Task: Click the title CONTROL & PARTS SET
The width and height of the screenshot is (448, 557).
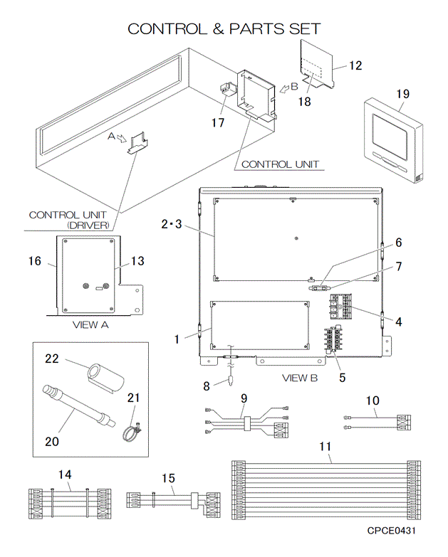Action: [224, 29]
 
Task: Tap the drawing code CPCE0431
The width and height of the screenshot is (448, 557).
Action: [392, 531]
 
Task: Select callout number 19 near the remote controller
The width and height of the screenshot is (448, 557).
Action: [402, 94]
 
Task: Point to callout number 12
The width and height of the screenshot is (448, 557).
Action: [355, 65]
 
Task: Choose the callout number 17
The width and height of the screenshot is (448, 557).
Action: [217, 122]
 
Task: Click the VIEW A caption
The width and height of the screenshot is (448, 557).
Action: [90, 324]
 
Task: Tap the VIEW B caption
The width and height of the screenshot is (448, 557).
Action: [299, 377]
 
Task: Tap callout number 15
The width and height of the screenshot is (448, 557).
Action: [167, 479]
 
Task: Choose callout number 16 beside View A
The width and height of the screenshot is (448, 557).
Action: [35, 261]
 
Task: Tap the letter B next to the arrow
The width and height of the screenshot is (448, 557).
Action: [293, 87]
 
